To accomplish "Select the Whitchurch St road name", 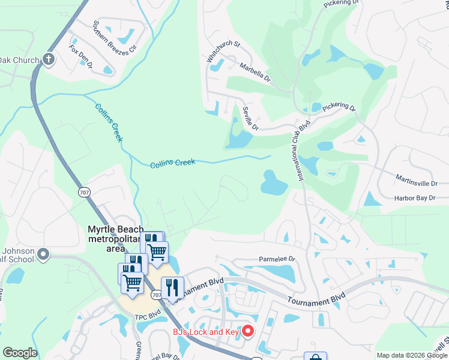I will (223, 53).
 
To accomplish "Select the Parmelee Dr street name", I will (277, 259).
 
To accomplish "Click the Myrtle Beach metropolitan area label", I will (116, 235).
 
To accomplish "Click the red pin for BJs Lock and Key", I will (247, 331).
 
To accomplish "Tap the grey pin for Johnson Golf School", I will (43, 256).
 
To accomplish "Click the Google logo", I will (20, 353).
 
